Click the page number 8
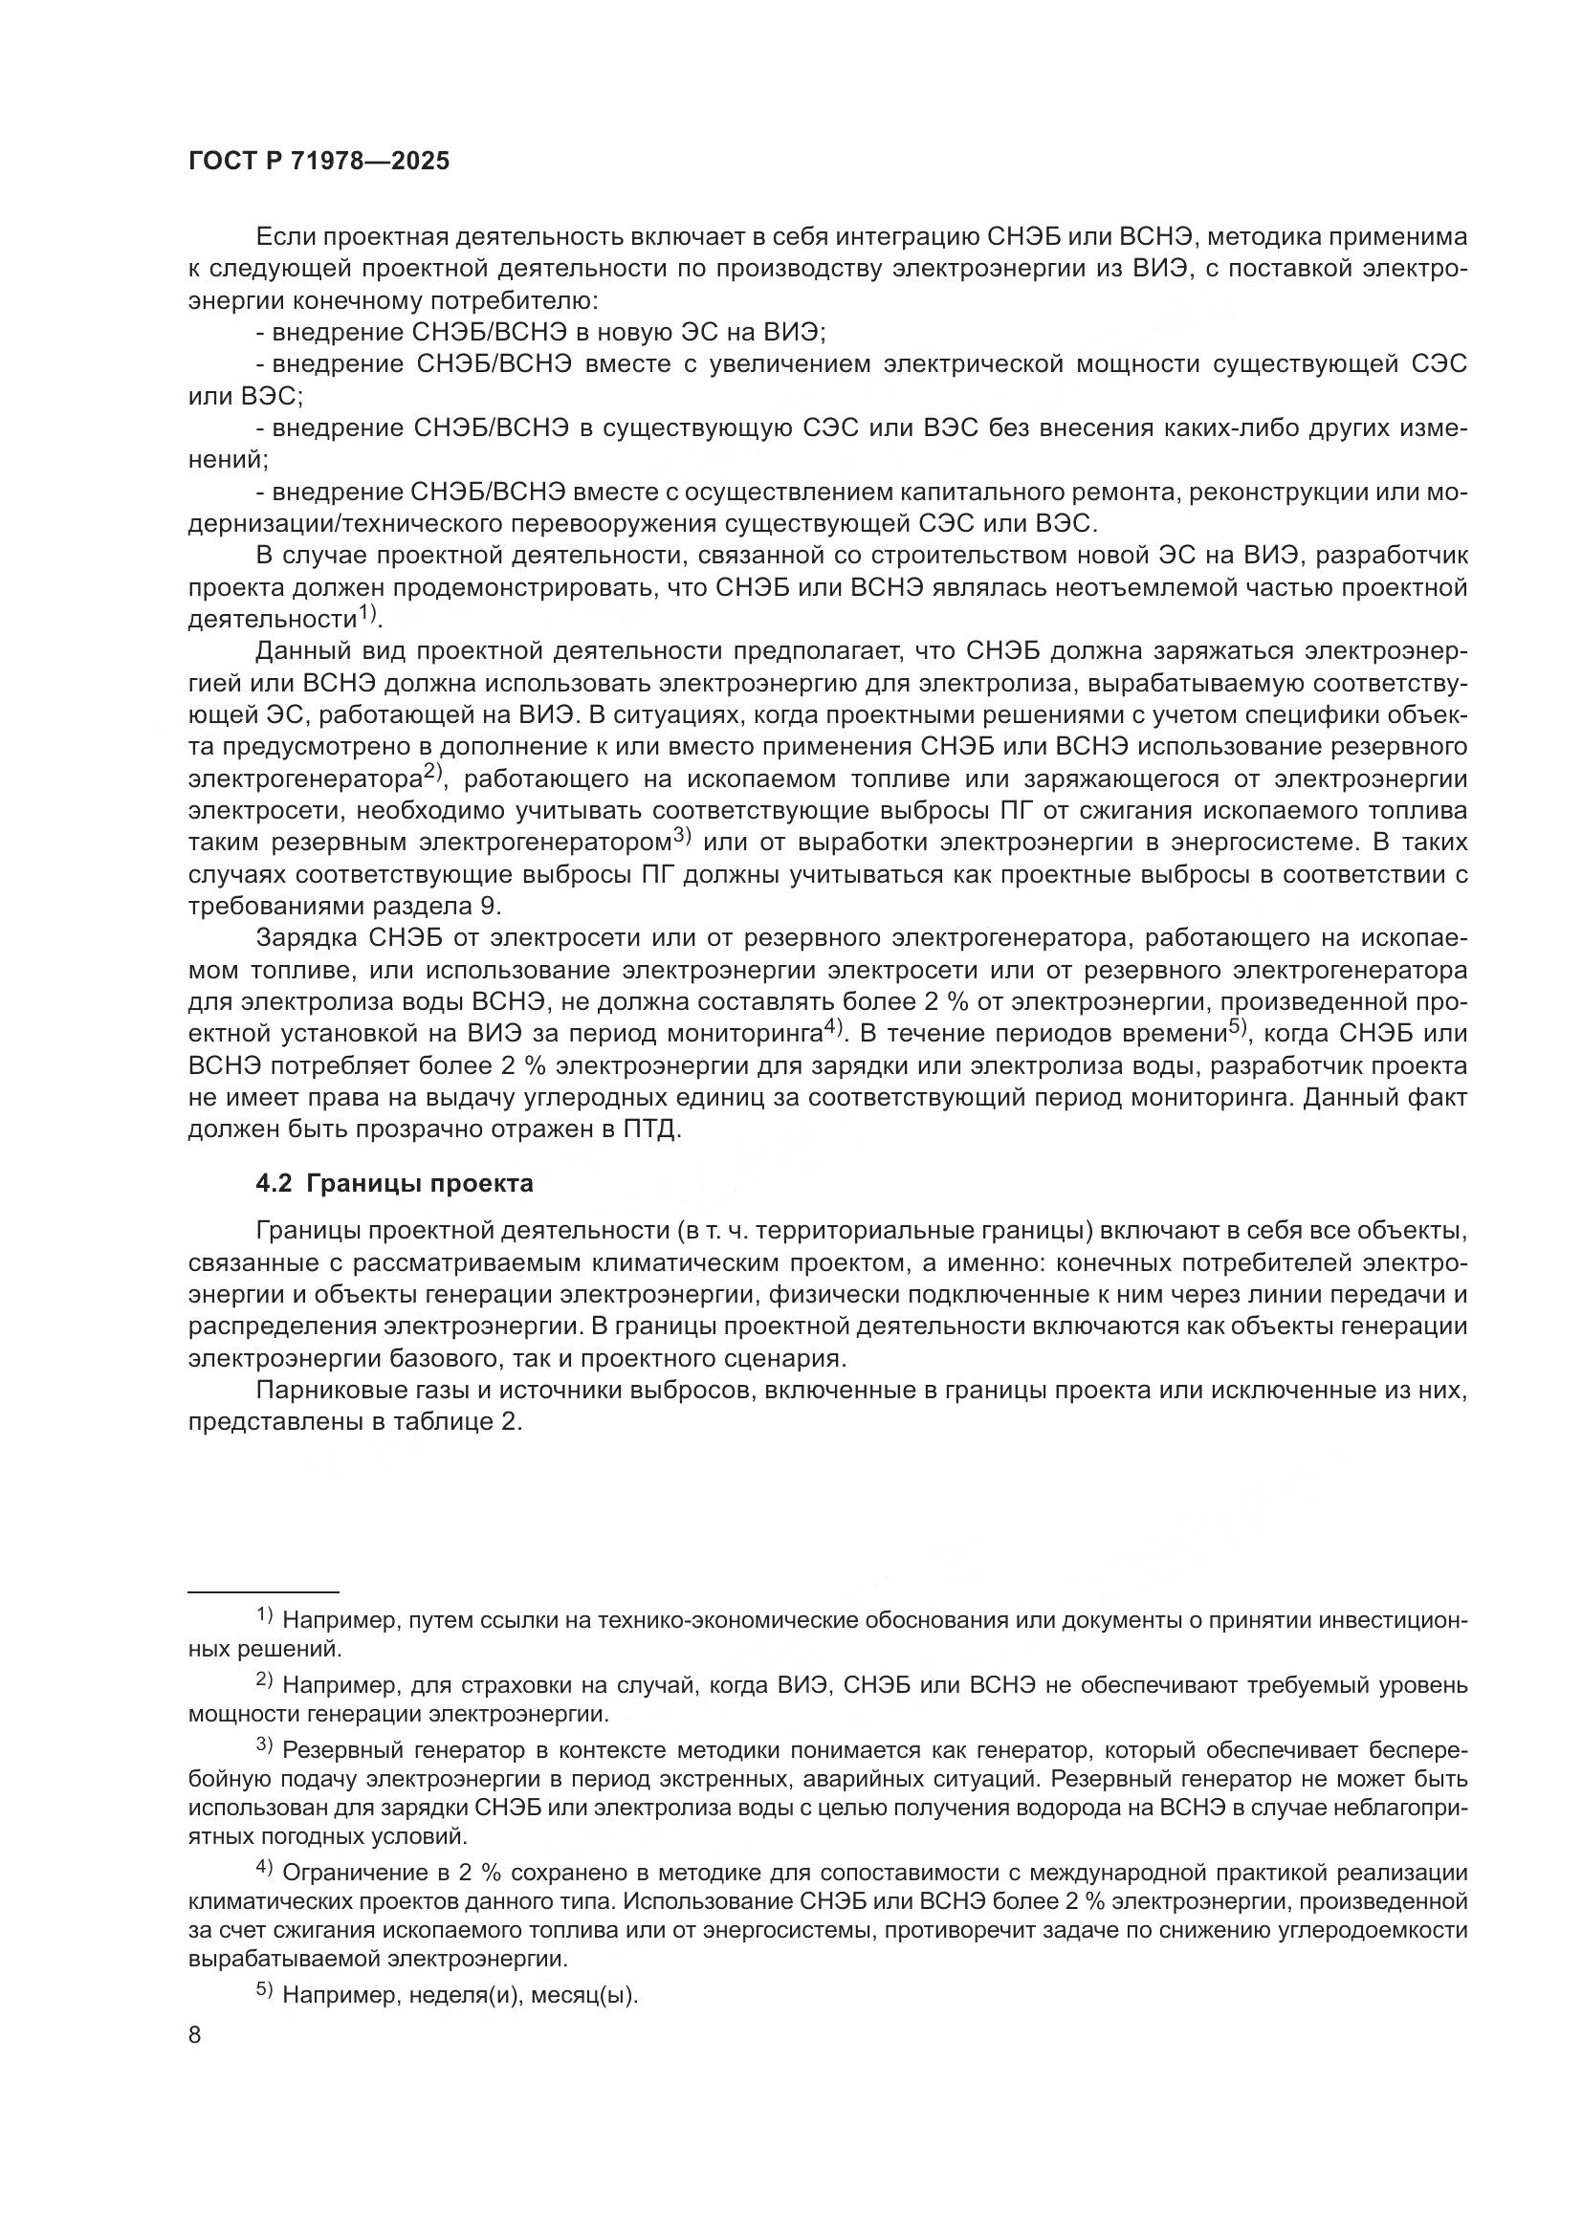195,2035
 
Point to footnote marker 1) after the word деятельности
366,614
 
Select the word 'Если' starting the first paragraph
284,237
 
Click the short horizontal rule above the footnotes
263,1590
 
